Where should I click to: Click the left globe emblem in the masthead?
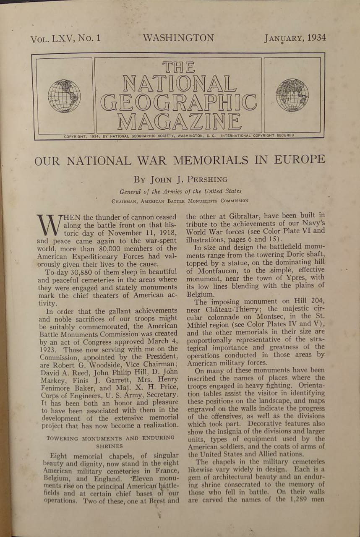pyautogui.click(x=64, y=96)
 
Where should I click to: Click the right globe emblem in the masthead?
pyautogui.click(x=292, y=95)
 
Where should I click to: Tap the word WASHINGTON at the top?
pyautogui.click(x=178, y=38)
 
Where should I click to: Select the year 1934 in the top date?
pyautogui.click(x=316, y=38)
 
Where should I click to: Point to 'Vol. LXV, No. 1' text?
pyautogui.click(x=65, y=39)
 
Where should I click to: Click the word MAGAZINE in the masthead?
pyautogui.click(x=179, y=122)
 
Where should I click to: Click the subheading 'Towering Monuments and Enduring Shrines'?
pyautogui.click(x=110, y=442)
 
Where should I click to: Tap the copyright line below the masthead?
pyautogui.click(x=179, y=136)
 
